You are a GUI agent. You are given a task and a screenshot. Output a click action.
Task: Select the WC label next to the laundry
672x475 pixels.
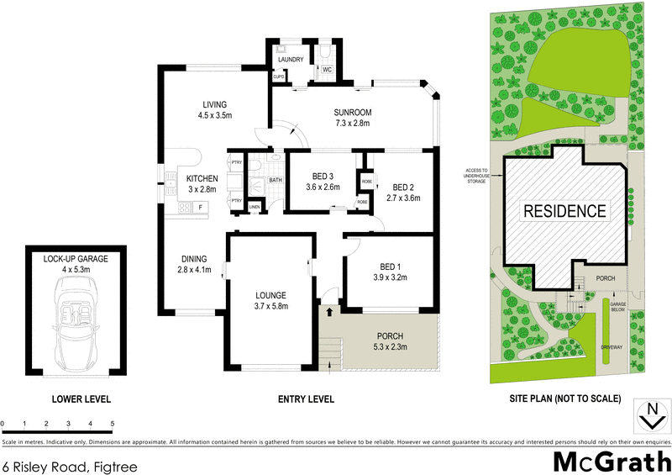[x=328, y=71]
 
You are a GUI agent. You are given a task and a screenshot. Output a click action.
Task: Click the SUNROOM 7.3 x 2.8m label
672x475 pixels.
[x=352, y=118]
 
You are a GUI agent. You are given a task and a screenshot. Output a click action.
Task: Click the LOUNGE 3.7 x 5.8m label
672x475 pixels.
[x=271, y=301]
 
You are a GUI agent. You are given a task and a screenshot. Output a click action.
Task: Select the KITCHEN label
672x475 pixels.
[x=202, y=178]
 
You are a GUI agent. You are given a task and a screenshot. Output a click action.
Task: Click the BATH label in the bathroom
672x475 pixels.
[x=276, y=180]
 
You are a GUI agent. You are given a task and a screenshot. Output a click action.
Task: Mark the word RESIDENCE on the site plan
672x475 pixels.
[x=564, y=210]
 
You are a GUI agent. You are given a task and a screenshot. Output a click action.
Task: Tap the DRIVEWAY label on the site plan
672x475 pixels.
[x=611, y=346]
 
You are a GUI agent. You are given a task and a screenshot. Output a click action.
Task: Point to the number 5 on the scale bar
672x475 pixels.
[x=112, y=423]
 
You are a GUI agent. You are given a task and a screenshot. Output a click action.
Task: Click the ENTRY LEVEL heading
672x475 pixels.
[x=307, y=398]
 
